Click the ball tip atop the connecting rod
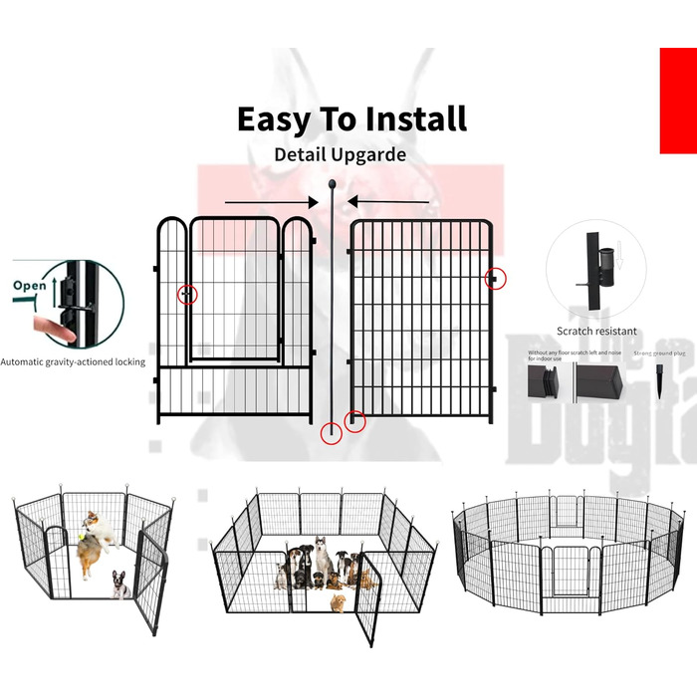332,184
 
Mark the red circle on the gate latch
187,294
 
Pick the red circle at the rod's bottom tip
332,433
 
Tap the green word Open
30,285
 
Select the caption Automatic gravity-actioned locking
73,361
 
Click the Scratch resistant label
597,331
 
